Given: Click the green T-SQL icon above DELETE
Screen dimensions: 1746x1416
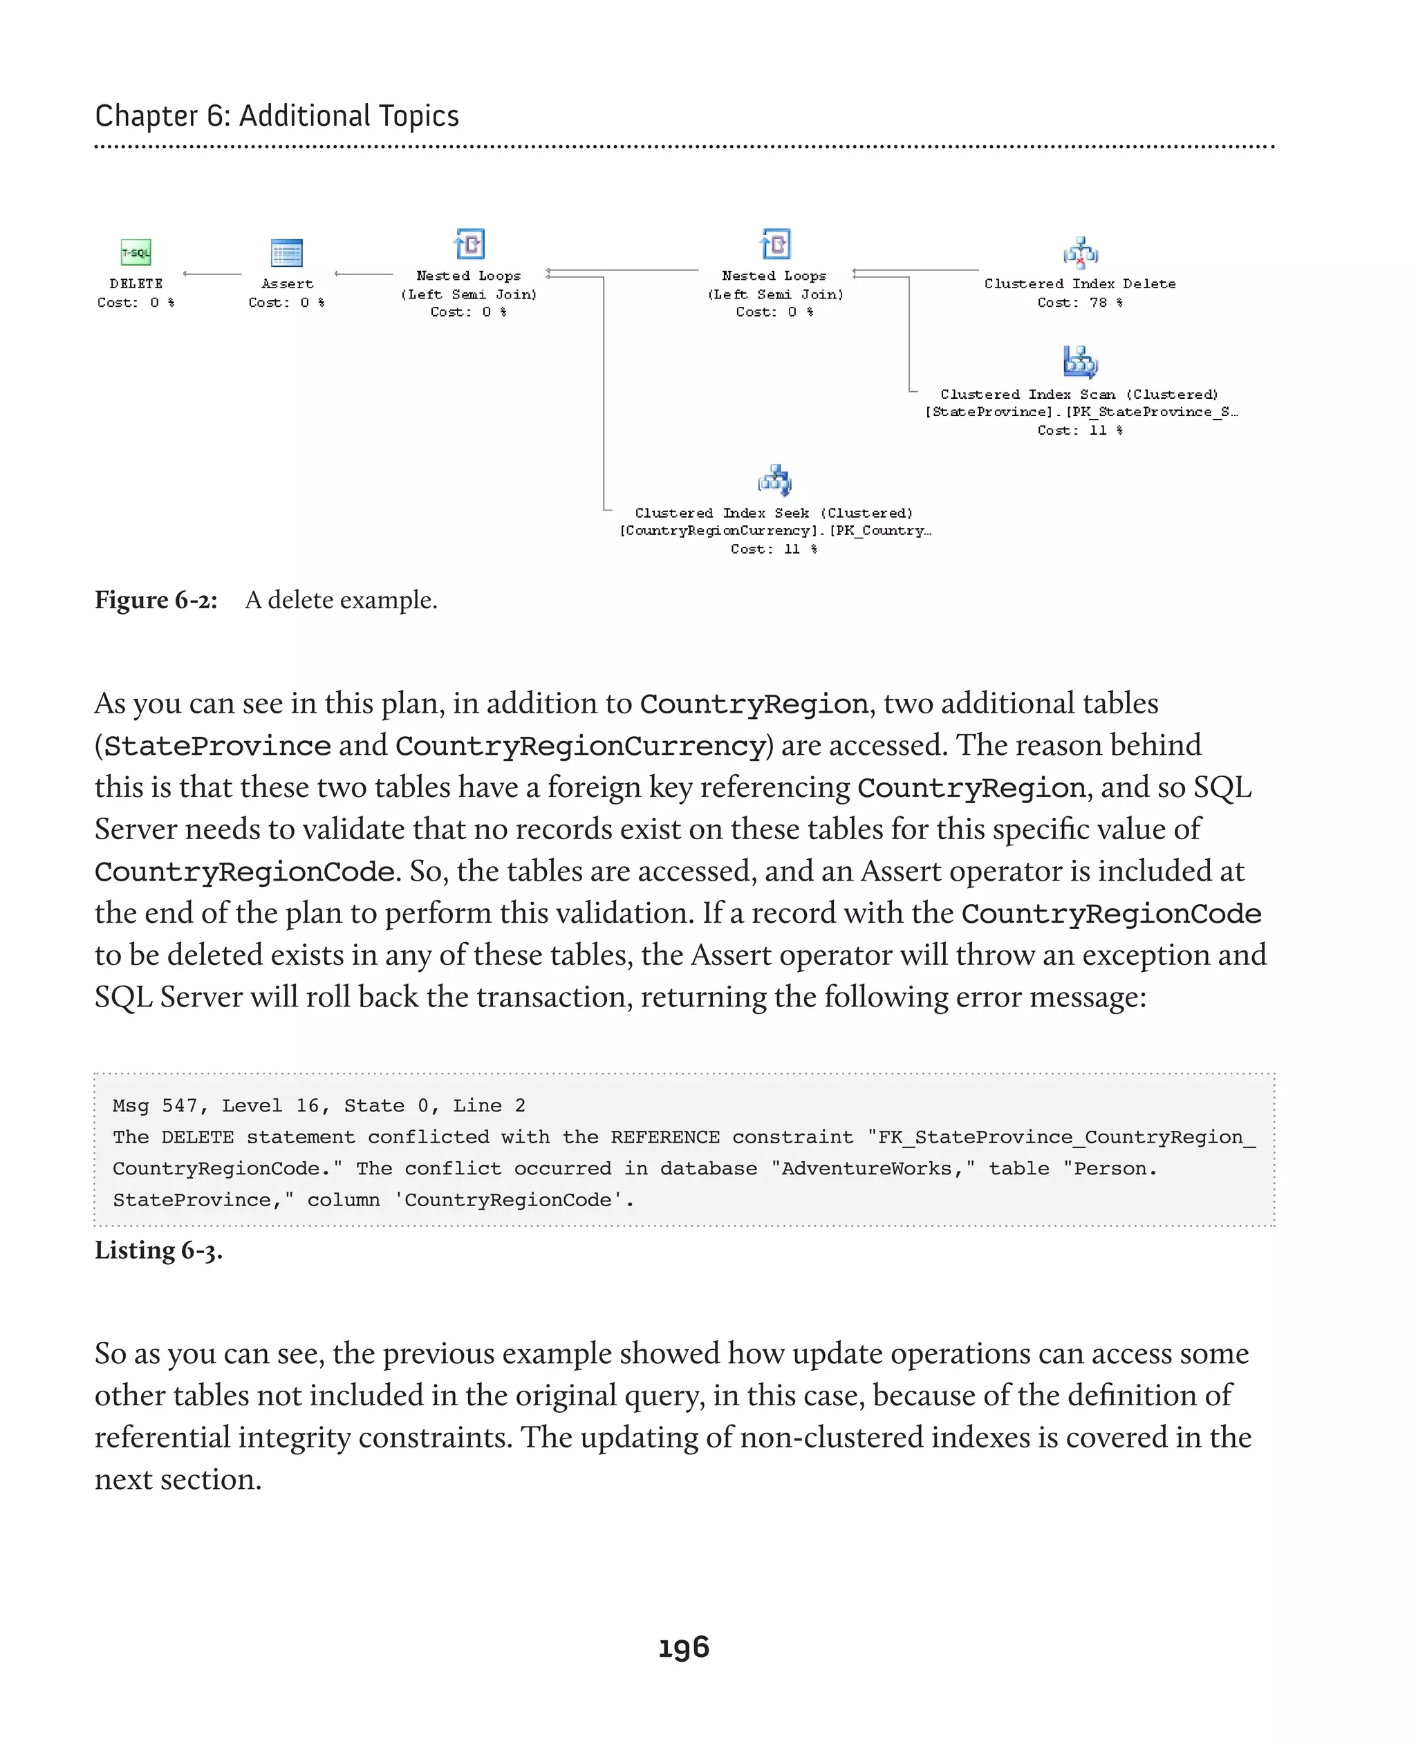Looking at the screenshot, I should (136, 253).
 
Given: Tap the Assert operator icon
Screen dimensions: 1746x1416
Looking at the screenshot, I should (286, 253).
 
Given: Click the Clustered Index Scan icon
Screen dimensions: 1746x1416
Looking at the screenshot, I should (1080, 362).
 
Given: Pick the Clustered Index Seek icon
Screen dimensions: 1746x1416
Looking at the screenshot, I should (774, 480).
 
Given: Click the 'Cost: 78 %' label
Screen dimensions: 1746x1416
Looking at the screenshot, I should (1080, 303).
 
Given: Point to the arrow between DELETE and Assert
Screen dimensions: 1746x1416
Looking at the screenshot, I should (212, 274).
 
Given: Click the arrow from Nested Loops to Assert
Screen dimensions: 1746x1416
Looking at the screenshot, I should (364, 274).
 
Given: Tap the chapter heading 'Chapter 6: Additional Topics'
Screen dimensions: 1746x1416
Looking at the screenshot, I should (277, 116).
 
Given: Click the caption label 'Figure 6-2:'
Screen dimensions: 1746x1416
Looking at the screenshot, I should (156, 600).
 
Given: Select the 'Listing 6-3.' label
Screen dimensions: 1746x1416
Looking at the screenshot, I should (158, 1250).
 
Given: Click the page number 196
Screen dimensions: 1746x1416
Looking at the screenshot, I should (684, 1647).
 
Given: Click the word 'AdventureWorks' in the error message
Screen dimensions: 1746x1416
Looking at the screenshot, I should (866, 1169).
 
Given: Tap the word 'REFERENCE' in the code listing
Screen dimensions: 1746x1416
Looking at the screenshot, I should (664, 1137).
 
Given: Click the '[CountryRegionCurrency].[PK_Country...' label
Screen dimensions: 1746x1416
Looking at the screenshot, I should (774, 531).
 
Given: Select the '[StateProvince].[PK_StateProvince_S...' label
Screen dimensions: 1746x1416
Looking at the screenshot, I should (1080, 412).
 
